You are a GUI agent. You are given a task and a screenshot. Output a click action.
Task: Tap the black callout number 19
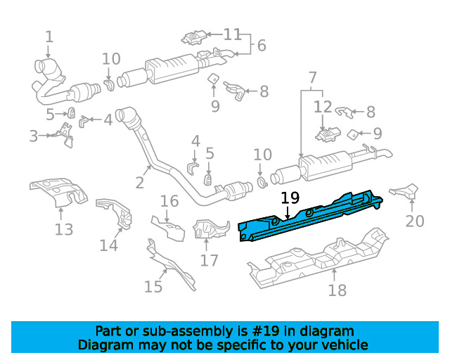(290, 198)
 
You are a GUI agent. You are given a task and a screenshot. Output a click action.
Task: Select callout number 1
(49, 37)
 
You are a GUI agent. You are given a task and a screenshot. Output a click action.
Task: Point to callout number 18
(337, 290)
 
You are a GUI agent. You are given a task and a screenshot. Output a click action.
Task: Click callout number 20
(415, 221)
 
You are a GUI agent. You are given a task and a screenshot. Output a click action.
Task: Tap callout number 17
(210, 260)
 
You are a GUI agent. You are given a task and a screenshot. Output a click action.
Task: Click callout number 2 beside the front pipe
(139, 183)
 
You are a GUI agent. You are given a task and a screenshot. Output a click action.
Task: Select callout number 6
(262, 46)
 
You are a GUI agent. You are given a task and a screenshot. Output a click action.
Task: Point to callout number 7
(312, 77)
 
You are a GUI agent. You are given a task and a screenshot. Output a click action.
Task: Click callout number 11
(232, 34)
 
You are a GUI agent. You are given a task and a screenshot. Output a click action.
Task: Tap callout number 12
(323, 107)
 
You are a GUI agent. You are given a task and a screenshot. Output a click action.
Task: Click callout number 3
(34, 136)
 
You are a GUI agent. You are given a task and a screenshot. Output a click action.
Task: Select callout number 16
(169, 201)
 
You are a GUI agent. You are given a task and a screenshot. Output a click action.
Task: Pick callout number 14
(108, 245)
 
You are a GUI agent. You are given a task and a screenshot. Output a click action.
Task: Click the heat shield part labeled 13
(59, 191)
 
